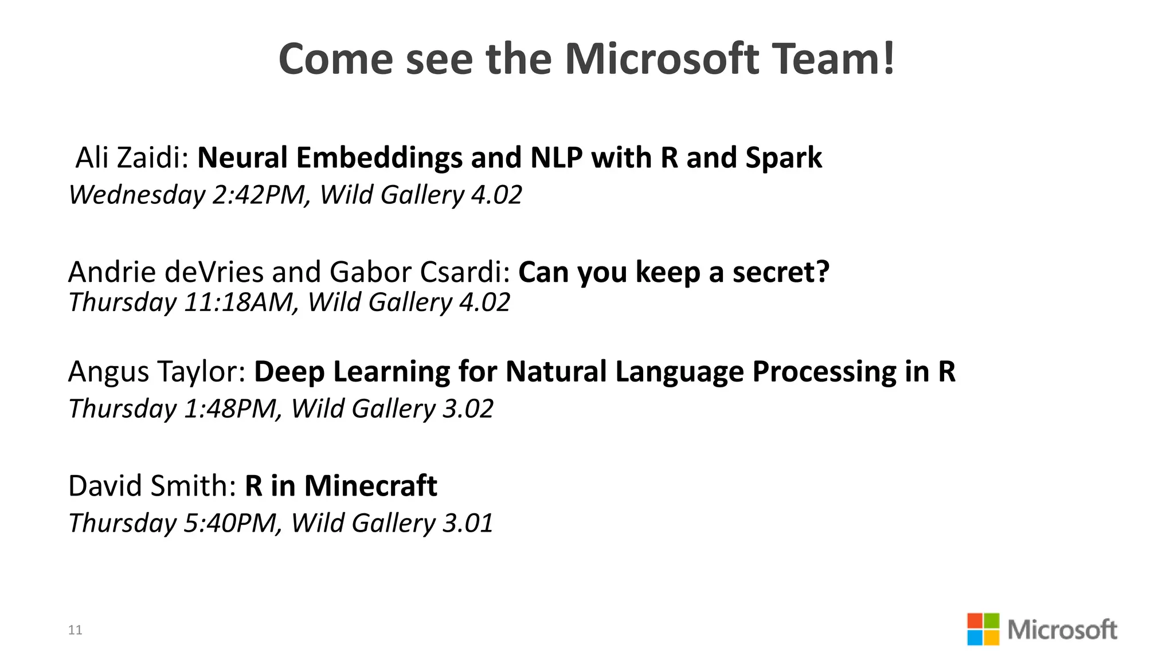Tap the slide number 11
click(75, 630)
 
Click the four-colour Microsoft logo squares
click(983, 629)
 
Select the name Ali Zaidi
click(132, 158)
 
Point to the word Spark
click(784, 158)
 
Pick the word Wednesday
click(137, 195)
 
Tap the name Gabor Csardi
click(420, 272)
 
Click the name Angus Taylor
click(156, 371)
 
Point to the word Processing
click(824, 371)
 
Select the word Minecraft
click(370, 486)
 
